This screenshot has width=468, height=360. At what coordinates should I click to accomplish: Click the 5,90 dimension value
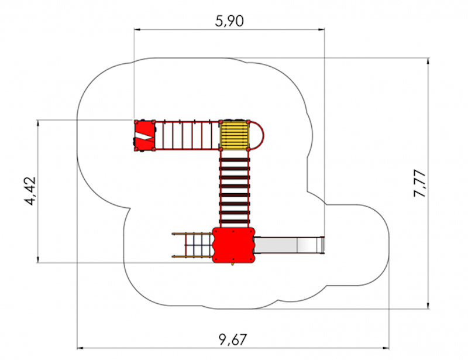(229, 21)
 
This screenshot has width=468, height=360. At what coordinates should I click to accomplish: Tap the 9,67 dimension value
(233, 340)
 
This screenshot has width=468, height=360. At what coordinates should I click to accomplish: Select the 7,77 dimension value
(419, 183)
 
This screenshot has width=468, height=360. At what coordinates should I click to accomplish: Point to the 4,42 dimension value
(30, 191)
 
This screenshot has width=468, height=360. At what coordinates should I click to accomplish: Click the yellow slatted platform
(235, 135)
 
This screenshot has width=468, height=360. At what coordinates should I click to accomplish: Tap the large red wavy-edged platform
(233, 245)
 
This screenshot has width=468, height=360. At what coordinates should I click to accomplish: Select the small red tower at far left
(144, 136)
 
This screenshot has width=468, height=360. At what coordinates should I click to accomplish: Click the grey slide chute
(289, 245)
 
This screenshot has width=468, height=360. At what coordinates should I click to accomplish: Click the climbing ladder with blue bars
(192, 245)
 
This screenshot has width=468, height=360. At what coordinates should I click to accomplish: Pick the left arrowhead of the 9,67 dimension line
(80, 348)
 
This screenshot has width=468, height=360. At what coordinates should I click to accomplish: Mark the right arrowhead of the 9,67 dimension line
(386, 348)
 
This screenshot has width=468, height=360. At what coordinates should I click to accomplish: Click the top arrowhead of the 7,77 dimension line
(429, 61)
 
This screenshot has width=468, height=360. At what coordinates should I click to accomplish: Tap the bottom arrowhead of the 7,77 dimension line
(429, 306)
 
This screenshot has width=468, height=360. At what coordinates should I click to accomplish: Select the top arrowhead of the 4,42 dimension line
(37, 123)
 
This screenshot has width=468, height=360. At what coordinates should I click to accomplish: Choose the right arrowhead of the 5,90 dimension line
(321, 29)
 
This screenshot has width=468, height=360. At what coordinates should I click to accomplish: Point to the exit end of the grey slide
(323, 245)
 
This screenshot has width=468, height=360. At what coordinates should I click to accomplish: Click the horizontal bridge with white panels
(187, 135)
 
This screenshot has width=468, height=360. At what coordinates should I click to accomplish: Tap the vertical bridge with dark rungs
(235, 189)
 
